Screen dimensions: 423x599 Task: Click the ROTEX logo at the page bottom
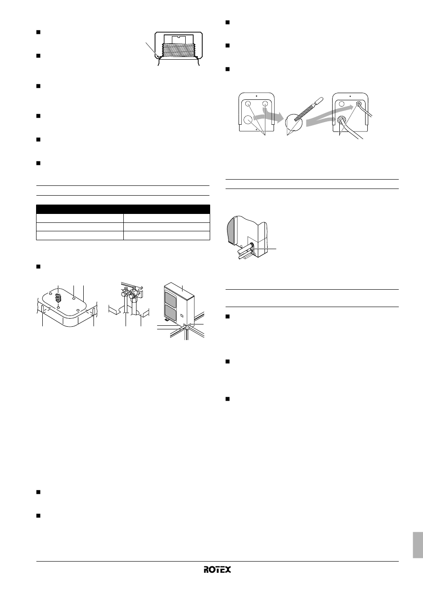tap(217, 570)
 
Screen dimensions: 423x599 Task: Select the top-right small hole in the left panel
tap(265, 104)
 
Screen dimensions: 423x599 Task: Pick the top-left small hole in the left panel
tap(248, 104)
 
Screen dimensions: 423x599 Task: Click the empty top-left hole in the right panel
tap(342, 104)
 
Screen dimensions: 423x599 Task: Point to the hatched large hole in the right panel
tap(341, 120)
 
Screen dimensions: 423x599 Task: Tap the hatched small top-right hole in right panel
tap(358, 104)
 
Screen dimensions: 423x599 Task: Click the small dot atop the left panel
tap(256, 95)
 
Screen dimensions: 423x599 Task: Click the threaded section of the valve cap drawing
tap(179, 50)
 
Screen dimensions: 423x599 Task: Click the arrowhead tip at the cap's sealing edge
tap(159, 57)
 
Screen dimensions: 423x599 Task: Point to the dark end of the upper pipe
tap(252, 245)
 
